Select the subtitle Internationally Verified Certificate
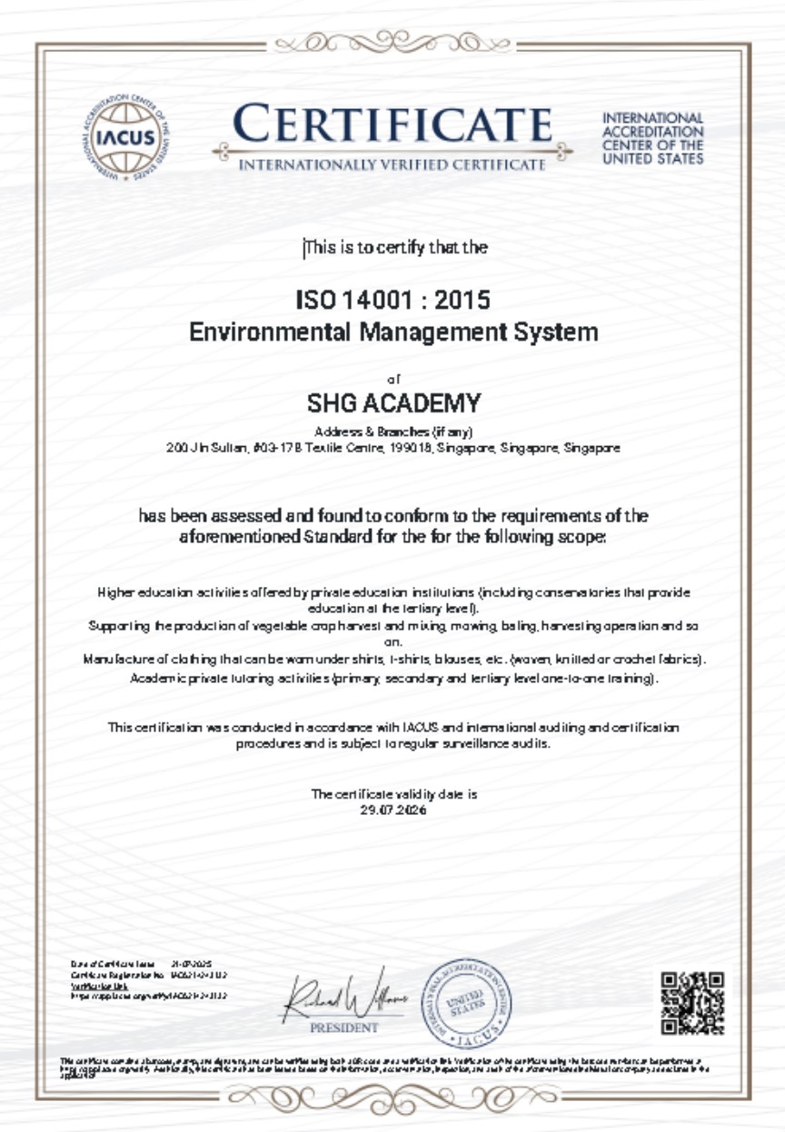coord(392,165)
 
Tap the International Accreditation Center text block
coord(652,138)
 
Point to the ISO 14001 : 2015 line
coord(393,299)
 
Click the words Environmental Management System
coord(393,332)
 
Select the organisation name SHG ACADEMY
coord(393,402)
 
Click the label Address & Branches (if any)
coord(393,431)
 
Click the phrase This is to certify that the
coord(396,247)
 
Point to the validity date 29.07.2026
coord(393,809)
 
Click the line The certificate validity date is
coord(393,794)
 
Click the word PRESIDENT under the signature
coord(344,1028)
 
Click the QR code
coord(692,1003)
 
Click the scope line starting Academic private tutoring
coord(393,678)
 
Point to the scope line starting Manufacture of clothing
coord(393,658)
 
